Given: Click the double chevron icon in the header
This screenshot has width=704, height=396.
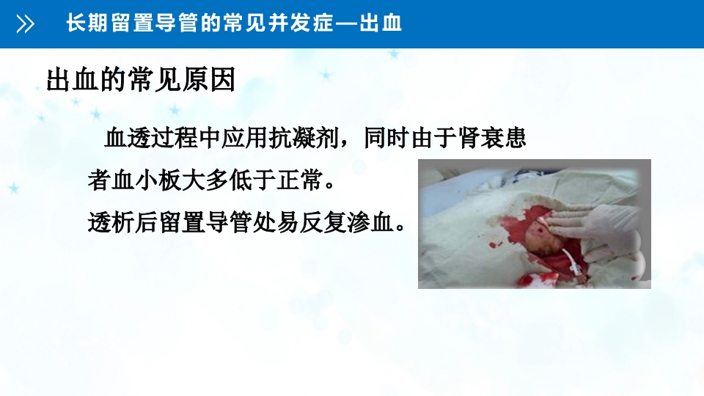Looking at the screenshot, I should [25, 25].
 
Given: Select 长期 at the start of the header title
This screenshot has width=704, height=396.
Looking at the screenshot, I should [84, 23].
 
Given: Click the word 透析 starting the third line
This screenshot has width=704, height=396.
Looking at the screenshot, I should [106, 221].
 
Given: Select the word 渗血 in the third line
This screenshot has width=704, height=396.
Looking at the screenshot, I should [374, 221].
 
